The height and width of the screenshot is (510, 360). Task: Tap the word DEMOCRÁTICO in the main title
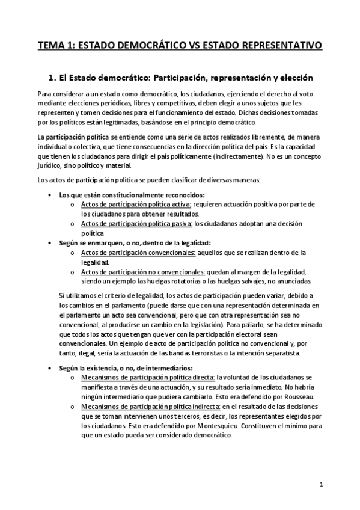click(150, 45)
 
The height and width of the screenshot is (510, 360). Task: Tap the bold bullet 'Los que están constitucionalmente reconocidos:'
click(132, 195)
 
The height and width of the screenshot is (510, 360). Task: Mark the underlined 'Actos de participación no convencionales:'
click(134, 272)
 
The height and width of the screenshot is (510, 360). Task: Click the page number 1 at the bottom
click(322, 484)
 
